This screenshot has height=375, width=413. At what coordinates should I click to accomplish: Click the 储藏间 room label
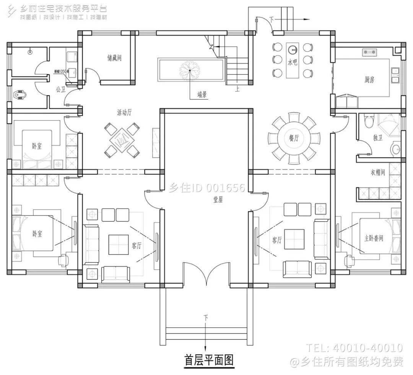[114, 58]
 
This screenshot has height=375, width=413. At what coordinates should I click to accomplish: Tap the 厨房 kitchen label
[369, 80]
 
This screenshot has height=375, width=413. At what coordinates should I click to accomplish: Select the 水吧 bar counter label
[293, 62]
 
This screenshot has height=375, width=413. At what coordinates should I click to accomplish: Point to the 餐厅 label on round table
[294, 139]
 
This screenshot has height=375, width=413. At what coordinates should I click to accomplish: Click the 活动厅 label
[124, 112]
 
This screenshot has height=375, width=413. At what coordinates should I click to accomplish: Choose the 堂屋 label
[218, 199]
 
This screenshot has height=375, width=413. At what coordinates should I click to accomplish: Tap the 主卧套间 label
[373, 238]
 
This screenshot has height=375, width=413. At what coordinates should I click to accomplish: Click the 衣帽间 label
[377, 173]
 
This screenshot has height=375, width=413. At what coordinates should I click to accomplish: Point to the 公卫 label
[60, 90]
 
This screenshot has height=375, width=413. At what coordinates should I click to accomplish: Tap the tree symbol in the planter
[190, 70]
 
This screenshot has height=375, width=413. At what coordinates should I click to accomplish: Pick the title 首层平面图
[209, 360]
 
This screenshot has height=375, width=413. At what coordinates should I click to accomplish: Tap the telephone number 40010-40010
[368, 348]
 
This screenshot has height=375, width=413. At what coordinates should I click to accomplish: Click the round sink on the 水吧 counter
[293, 49]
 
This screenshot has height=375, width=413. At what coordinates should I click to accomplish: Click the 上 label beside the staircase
[237, 90]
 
